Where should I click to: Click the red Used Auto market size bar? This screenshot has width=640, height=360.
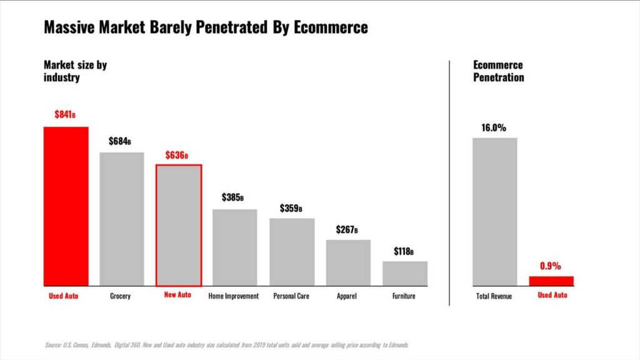click(66, 206)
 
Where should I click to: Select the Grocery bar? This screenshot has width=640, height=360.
click(122, 219)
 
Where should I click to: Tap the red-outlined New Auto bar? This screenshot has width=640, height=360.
click(178, 225)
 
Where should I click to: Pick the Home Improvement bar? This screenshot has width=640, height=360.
click(235, 247)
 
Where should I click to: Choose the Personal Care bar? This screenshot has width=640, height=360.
click(292, 252)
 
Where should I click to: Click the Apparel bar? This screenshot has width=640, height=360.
click(348, 262)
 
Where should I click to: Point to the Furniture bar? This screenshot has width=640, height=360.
click(405, 273)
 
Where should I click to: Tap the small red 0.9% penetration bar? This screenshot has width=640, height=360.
click(551, 281)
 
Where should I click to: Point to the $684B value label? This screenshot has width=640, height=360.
click(120, 141)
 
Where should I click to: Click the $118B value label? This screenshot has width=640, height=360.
click(404, 251)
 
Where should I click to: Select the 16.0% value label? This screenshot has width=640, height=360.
click(493, 127)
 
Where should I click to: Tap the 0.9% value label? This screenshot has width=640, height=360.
click(550, 266)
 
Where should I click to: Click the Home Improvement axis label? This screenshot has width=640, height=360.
click(233, 296)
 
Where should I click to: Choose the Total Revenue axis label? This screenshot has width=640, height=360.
click(494, 296)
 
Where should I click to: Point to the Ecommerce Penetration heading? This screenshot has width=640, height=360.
click(498, 71)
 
